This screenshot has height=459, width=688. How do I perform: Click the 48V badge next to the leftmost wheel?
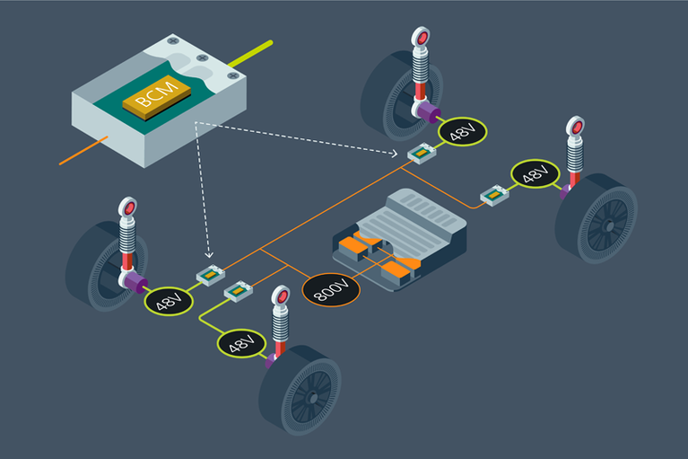pos(170,300)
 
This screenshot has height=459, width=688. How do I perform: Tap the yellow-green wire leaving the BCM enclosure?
pos(252,54)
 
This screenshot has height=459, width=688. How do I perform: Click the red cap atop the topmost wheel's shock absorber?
pos(420,37)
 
